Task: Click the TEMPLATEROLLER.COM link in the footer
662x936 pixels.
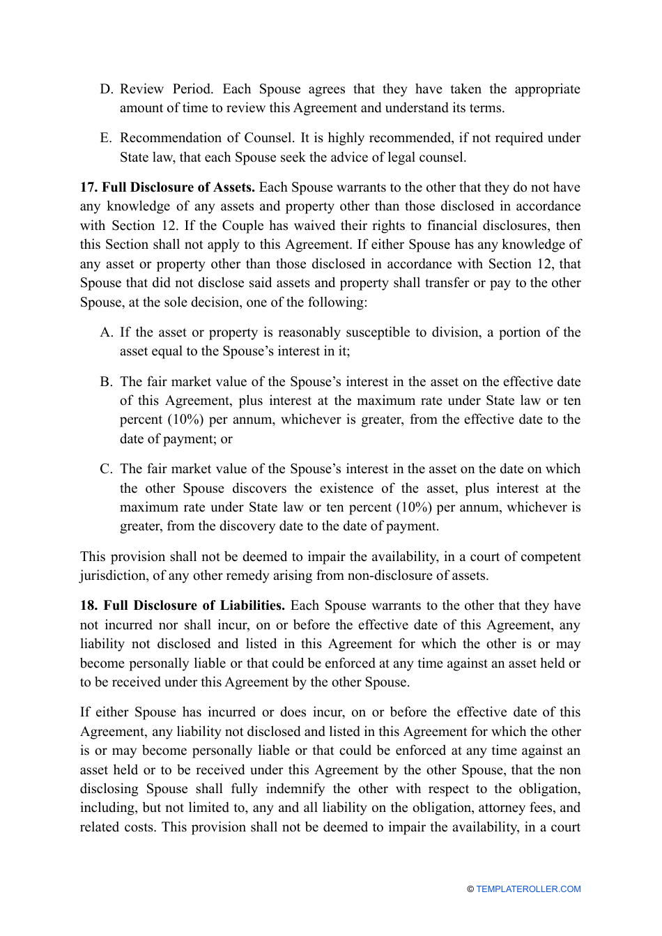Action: tap(528, 889)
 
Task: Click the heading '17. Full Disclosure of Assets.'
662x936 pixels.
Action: tap(167, 187)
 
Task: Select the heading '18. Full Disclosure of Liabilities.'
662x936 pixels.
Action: tap(183, 606)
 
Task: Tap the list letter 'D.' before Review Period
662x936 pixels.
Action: tap(107, 89)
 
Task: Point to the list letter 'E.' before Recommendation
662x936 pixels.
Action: tap(107, 138)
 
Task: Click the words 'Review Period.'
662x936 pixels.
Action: tap(167, 89)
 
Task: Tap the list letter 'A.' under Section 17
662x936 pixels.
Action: tap(107, 332)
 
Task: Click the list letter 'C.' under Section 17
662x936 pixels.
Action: tap(107, 469)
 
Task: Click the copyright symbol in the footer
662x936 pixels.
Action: tap(470, 889)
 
